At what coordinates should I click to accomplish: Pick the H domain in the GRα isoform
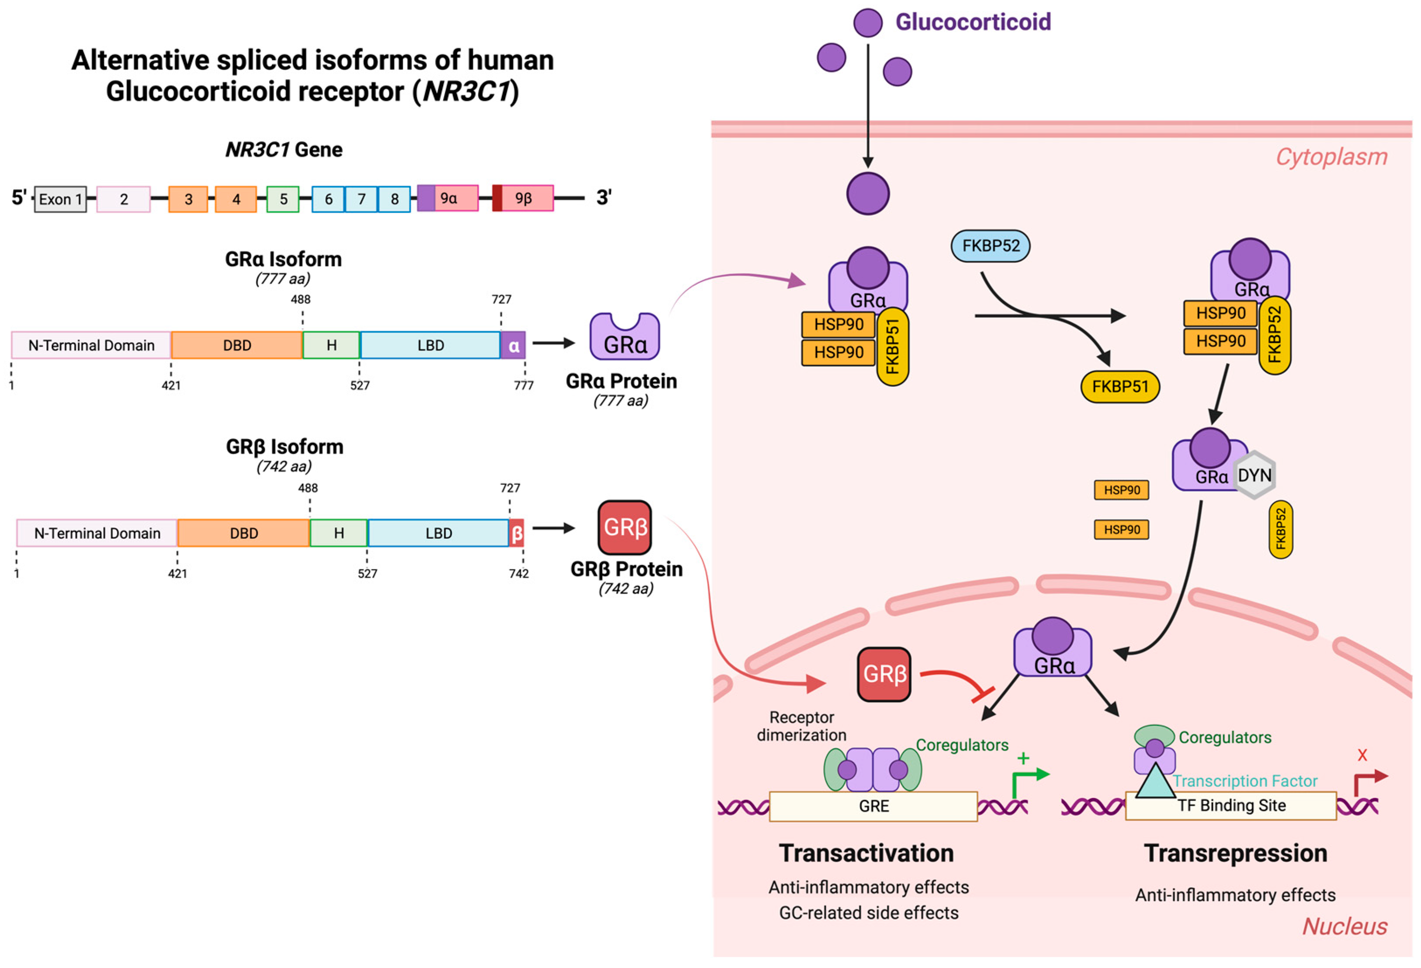pos(331,345)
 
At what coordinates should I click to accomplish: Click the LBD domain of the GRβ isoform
pos(438,533)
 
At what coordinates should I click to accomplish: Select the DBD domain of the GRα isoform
pos(237,345)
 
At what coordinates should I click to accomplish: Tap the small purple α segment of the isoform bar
pos(513,345)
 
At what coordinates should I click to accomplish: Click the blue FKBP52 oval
pos(991,246)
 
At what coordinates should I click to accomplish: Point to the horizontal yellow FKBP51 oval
pos(1120,386)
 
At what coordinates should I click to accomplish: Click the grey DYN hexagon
pos(1255,475)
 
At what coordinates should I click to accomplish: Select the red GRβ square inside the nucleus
pos(884,674)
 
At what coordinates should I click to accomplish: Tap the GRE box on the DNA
pos(873,806)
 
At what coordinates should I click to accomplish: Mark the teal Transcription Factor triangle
pos(1155,783)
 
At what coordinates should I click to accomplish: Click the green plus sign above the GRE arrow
pos(1023,758)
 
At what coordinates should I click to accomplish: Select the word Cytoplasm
pos(1331,157)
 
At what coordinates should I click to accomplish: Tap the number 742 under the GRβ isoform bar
pos(519,573)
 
